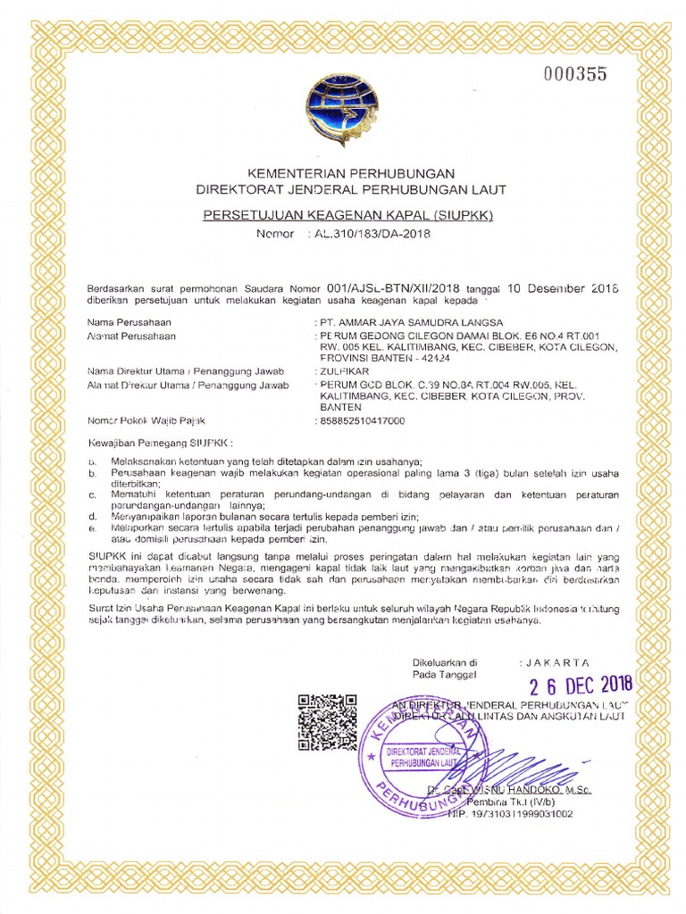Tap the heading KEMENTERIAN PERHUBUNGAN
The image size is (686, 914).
click(x=352, y=172)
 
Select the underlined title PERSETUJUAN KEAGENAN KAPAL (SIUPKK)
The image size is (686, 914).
click(x=351, y=215)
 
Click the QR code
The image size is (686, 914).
click(x=328, y=722)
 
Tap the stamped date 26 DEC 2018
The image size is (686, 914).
click(x=580, y=685)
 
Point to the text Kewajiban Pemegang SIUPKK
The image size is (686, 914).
click(x=159, y=442)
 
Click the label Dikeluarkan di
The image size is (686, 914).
click(x=445, y=662)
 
